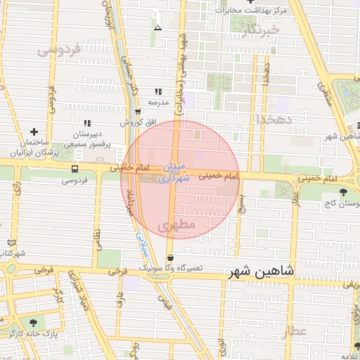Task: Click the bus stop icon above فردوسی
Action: coord(75,169)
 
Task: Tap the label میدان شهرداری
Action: coord(174,173)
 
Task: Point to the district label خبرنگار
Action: coord(258,30)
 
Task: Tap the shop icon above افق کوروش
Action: coord(137,112)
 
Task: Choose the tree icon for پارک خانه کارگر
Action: coord(32,321)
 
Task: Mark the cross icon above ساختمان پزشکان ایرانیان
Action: coord(34,131)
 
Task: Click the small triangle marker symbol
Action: coord(157,28)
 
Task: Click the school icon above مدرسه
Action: coord(158,91)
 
